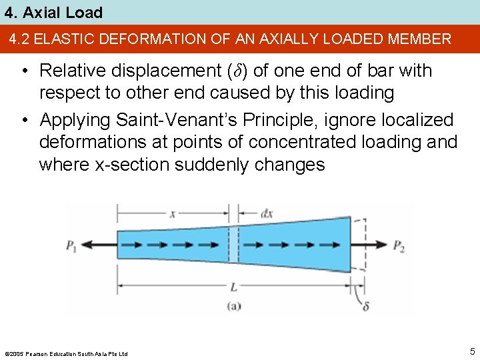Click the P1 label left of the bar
(71, 246)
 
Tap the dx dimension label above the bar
(266, 214)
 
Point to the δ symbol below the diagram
(366, 307)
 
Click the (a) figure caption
(235, 307)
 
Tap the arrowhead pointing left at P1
(87, 245)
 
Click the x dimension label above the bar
(173, 214)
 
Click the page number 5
(471, 351)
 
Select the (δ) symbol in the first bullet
(238, 71)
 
